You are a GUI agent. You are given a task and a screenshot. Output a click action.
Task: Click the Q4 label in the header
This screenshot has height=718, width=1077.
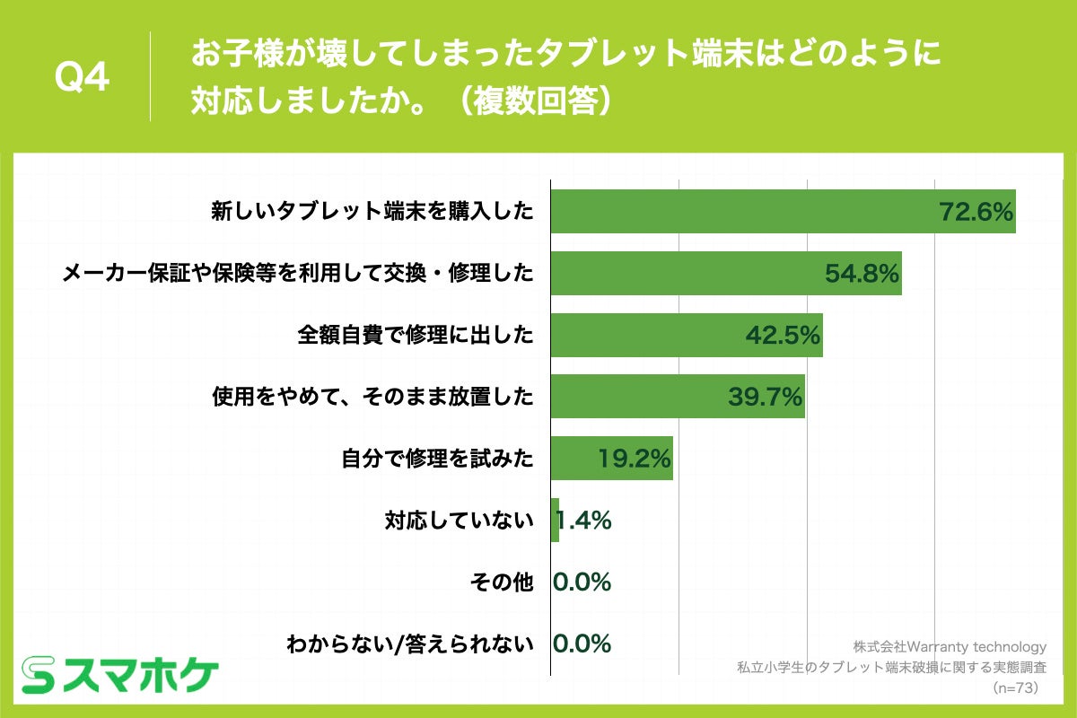tap(82, 78)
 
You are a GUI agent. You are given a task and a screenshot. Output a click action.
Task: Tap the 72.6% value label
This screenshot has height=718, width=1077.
tap(976, 213)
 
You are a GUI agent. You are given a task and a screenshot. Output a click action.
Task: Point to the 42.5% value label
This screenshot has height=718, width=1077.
tap(783, 336)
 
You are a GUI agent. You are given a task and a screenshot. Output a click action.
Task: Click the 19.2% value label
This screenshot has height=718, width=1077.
tap(635, 459)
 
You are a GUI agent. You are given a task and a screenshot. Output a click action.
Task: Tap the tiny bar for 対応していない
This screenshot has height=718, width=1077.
tap(555, 521)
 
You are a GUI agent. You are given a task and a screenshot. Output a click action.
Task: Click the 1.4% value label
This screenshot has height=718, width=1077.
tap(583, 521)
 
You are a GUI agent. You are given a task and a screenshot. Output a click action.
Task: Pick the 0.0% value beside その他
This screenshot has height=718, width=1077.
tap(582, 582)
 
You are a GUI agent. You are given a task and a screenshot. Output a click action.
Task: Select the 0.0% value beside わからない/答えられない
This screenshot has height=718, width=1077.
tap(582, 644)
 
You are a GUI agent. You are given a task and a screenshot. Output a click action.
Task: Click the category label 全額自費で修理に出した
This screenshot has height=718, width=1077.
tap(416, 336)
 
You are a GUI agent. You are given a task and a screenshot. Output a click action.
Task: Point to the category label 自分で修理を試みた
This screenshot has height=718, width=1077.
tap(437, 459)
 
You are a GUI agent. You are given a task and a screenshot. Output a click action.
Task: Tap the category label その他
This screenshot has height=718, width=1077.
tap(502, 582)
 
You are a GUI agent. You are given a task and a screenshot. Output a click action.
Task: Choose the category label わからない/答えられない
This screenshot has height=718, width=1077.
tap(409, 644)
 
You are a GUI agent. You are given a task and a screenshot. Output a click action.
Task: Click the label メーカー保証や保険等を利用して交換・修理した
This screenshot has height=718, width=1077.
tap(297, 274)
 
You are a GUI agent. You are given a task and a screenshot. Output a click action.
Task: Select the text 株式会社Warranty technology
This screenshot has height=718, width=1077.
tap(950, 646)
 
